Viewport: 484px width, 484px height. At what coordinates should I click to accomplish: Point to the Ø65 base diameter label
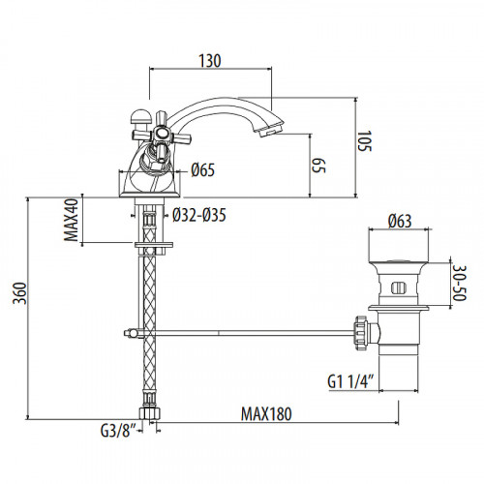[x=202, y=170]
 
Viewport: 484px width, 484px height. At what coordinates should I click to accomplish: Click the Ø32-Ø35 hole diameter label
[x=201, y=215]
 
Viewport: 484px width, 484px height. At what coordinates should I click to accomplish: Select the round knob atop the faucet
[x=138, y=120]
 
